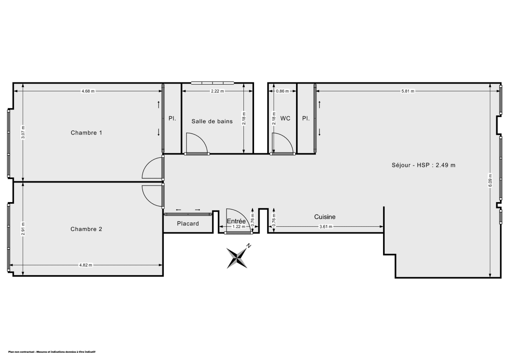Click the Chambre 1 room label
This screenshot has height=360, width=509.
point(86,133)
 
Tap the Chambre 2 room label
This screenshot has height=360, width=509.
point(86,229)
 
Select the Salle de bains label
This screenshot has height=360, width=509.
point(212,121)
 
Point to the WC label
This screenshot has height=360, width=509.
point(285,118)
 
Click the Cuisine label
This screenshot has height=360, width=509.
point(325,217)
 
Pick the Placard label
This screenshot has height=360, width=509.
point(188,224)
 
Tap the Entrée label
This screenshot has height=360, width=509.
point(236,221)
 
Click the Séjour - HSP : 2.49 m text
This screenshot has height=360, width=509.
point(423,165)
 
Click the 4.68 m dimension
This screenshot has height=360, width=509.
point(88,91)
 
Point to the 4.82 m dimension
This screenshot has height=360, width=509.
point(86,265)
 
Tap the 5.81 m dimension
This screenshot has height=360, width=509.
point(408,91)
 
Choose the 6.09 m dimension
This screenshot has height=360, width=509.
point(490,181)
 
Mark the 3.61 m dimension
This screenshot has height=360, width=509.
point(326,227)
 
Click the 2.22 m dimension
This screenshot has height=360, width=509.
point(217,91)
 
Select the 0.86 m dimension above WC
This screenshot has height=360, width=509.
point(282,91)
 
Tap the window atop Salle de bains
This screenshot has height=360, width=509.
point(212,83)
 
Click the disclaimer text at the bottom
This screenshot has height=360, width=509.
point(51,352)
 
